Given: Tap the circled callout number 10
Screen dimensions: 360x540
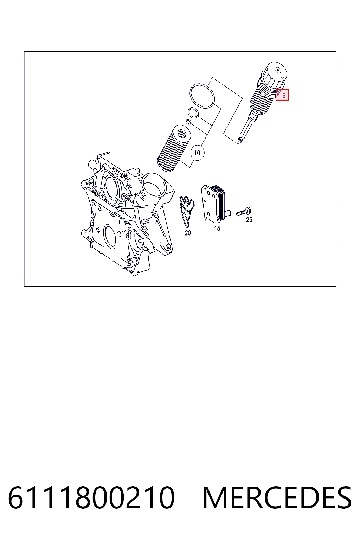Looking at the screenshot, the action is (x=197, y=153).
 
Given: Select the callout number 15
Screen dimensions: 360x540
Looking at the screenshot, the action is (x=217, y=228).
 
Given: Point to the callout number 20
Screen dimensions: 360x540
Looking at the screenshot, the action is (x=188, y=233).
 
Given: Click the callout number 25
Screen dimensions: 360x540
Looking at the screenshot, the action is (x=249, y=220).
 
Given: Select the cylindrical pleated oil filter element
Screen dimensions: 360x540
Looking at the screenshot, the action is (x=174, y=148).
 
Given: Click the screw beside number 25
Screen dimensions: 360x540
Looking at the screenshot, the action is (x=244, y=212).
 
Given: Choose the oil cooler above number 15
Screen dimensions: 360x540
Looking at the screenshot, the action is (x=213, y=202).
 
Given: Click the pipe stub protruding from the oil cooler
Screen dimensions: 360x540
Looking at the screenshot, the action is (x=227, y=213).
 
